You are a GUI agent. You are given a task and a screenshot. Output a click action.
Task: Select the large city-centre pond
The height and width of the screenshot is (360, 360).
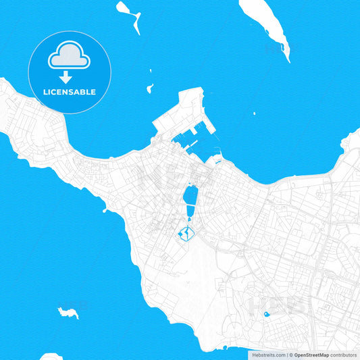click(190, 197)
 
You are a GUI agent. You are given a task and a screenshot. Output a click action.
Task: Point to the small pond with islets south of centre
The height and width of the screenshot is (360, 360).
click(184, 234)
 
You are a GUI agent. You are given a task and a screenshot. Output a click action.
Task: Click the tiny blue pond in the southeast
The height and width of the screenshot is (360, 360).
click(267, 314)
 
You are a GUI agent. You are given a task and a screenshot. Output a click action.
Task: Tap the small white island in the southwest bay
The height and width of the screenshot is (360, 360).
click(68, 312)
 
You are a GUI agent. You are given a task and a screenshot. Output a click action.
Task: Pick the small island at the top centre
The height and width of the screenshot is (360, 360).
click(128, 14)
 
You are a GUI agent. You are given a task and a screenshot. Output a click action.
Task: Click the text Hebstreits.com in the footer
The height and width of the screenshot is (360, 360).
click(265, 354)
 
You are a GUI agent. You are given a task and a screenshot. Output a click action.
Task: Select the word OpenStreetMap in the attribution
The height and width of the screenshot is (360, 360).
click(311, 354)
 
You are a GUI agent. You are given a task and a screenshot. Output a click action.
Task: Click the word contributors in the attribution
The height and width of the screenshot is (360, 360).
click(343, 354)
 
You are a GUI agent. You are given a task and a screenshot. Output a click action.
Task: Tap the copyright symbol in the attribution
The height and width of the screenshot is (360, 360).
click(290, 354)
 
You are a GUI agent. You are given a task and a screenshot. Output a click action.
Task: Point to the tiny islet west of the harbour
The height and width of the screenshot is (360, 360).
click(149, 87)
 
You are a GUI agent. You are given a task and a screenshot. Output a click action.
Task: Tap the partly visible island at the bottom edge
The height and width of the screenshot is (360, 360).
click(51, 357)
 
